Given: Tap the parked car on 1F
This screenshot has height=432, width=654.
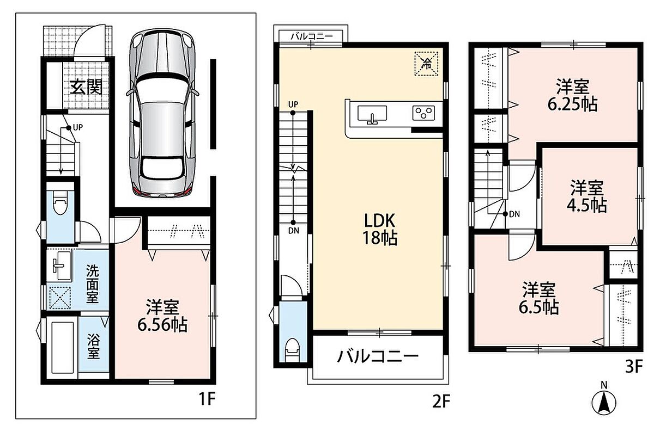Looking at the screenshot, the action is click(162, 115).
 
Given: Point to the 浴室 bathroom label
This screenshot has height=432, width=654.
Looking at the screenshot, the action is click(93, 346).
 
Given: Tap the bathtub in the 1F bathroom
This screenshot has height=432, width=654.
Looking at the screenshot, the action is click(63, 348).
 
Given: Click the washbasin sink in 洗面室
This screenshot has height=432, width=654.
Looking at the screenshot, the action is click(62, 266).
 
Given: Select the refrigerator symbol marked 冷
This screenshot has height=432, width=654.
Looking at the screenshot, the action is click(427, 63).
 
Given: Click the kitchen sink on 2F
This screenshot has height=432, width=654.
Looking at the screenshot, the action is click(372, 115).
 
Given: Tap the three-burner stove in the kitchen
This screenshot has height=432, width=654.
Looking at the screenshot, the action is click(423, 113).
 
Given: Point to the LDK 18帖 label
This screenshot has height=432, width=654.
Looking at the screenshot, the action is click(379, 229).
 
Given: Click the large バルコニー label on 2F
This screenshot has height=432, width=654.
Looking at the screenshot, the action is click(378, 356).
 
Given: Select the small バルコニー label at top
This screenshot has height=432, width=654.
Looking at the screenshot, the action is click(312, 36).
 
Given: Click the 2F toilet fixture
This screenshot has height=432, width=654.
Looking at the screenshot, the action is click(293, 350).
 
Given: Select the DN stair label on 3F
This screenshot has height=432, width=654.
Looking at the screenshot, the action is click(514, 214).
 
